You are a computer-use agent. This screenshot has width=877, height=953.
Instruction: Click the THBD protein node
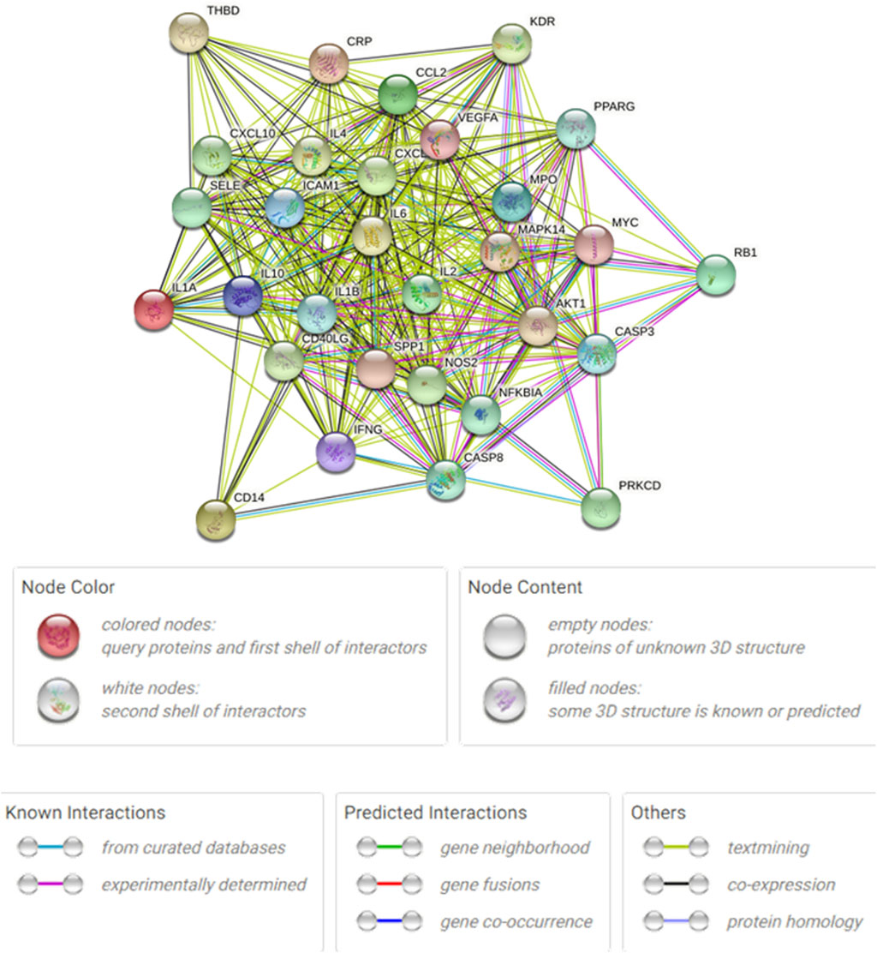189,33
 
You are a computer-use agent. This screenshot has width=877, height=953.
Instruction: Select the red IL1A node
154,309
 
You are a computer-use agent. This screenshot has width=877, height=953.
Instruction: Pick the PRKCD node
600,508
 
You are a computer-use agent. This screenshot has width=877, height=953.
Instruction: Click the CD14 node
216,519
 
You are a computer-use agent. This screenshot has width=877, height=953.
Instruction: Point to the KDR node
512,43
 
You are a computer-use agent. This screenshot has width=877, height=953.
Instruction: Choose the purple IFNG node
335,452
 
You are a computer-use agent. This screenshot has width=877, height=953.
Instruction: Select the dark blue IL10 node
242,297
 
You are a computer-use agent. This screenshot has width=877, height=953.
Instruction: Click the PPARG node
576,129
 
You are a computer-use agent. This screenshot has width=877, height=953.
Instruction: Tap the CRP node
329,63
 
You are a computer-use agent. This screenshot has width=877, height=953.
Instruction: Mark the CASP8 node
445,480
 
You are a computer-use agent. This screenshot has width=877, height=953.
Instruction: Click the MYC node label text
625,223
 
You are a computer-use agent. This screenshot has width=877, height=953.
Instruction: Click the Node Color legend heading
68,587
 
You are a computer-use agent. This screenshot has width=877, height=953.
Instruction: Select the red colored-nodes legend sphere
58,635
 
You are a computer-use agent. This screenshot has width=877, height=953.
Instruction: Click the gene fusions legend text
490,884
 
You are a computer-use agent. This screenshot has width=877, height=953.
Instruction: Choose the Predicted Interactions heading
435,812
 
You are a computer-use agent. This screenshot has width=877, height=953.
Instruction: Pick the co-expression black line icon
676,884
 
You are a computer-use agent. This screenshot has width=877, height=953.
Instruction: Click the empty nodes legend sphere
504,635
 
